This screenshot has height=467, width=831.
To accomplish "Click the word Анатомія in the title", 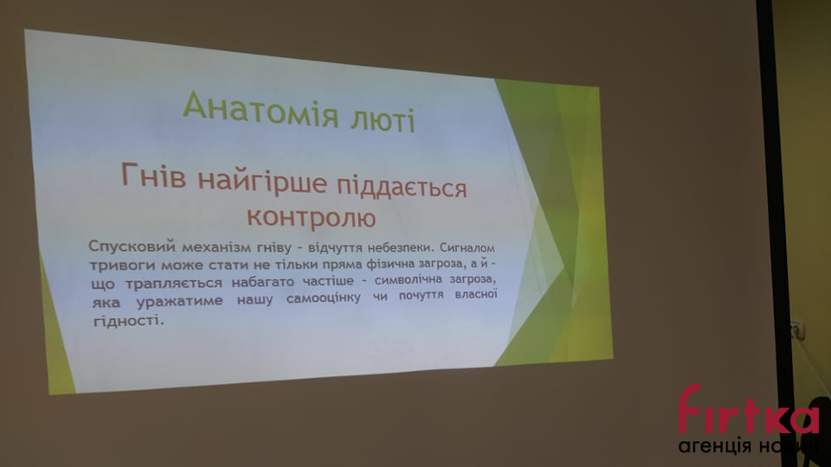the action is point(261,109).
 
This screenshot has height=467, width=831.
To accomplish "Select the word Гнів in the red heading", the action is point(154,176).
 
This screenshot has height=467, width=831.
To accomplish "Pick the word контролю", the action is point(311,216).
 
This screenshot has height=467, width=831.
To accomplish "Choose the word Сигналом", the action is point(467,247).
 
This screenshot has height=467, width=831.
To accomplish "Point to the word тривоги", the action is point(122,265).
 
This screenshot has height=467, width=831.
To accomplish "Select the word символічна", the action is point(407,279).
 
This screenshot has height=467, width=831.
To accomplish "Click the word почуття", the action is point(421,295).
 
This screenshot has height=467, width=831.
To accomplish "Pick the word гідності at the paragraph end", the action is point(128,321).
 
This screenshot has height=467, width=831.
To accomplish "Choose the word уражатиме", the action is point(180,302).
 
